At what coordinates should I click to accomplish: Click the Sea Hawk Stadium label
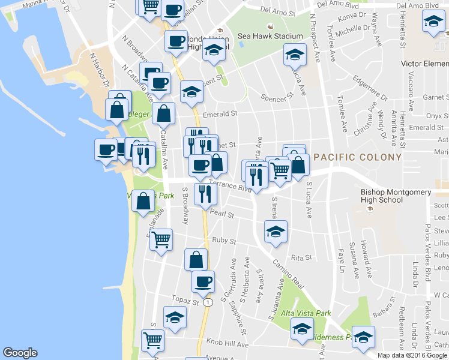[x=270, y=36]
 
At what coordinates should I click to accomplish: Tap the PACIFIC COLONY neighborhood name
[x=358, y=157]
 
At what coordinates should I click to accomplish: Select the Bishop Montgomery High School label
[x=396, y=196]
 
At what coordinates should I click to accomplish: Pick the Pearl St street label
[x=222, y=214]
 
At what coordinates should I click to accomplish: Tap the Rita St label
[x=301, y=257]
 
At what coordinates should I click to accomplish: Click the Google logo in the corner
[x=20, y=353]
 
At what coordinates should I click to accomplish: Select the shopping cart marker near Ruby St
[x=161, y=240]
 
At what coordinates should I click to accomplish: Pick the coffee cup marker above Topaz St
[x=203, y=281]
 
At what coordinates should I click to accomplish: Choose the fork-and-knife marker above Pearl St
[x=205, y=194]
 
